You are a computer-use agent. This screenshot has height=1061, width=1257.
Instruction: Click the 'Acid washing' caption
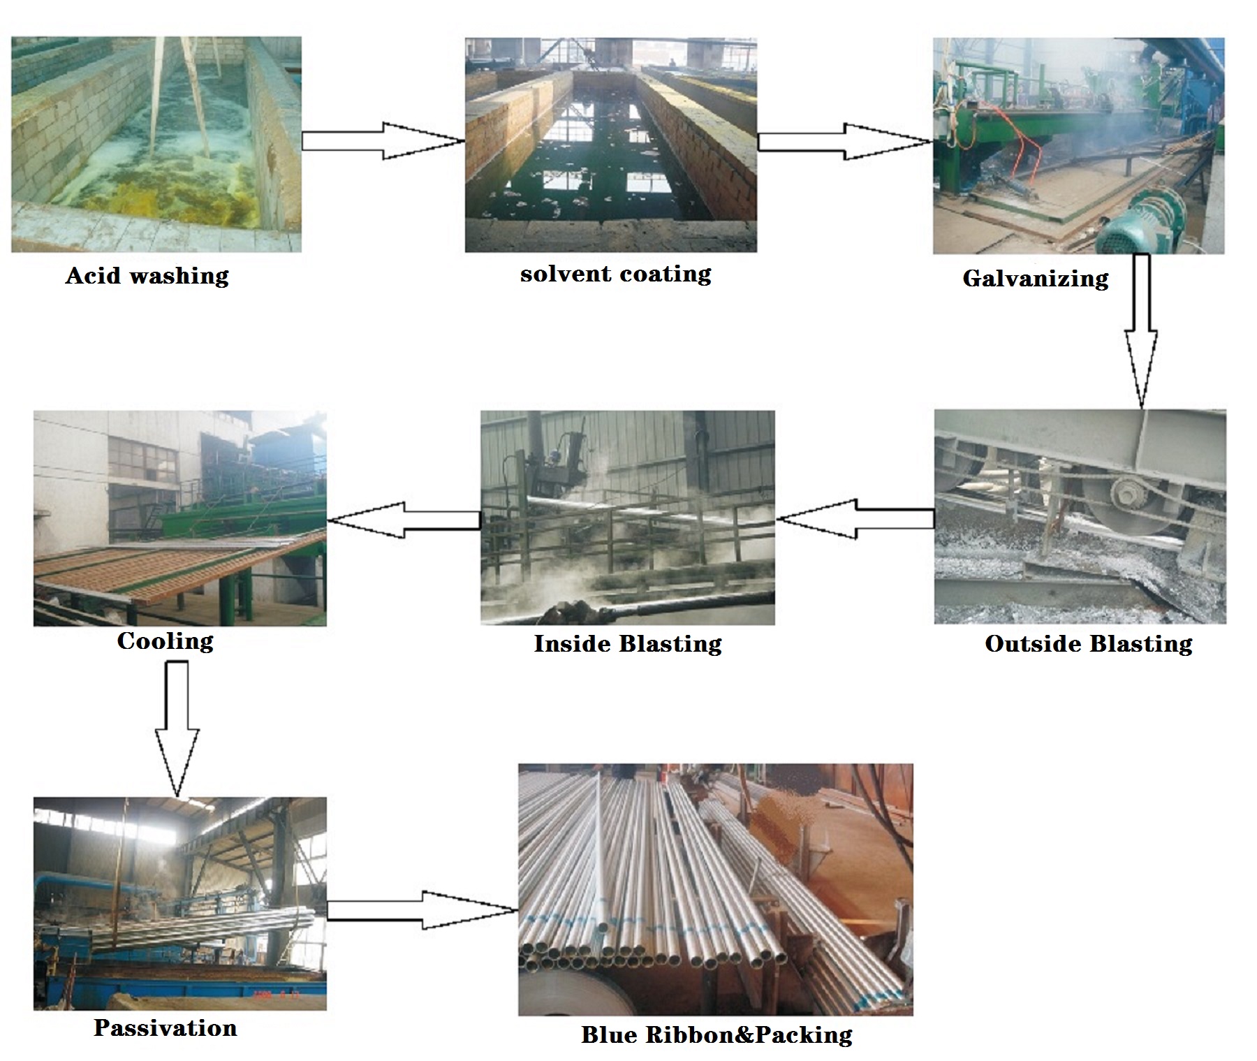(x=147, y=276)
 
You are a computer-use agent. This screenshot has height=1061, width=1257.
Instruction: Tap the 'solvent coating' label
(x=615, y=274)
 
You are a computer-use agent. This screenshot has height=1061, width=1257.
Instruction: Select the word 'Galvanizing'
(x=1035, y=279)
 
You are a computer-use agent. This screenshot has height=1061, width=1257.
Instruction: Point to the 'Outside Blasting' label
(x=1088, y=643)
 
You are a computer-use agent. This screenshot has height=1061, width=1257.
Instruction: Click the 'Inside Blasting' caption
(x=627, y=643)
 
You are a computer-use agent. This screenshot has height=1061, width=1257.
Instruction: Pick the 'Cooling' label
(x=165, y=641)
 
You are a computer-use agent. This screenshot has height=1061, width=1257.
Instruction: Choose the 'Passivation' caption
(x=166, y=1027)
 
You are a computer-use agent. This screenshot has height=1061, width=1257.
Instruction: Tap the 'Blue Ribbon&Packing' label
(x=716, y=1034)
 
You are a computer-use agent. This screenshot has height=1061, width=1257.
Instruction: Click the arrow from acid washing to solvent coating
(x=383, y=141)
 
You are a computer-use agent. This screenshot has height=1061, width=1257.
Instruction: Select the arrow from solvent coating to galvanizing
(x=844, y=142)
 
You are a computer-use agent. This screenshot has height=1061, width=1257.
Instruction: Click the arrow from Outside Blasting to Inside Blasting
(x=856, y=519)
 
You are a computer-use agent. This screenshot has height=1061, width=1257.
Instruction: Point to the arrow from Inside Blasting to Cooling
(x=404, y=520)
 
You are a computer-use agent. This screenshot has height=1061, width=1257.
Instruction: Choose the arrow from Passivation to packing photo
(x=422, y=910)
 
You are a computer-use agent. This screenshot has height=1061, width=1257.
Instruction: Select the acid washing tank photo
(x=156, y=144)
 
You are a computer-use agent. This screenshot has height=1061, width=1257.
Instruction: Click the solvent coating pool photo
(x=610, y=145)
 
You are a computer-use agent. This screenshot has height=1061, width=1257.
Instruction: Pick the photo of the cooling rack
(x=179, y=518)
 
